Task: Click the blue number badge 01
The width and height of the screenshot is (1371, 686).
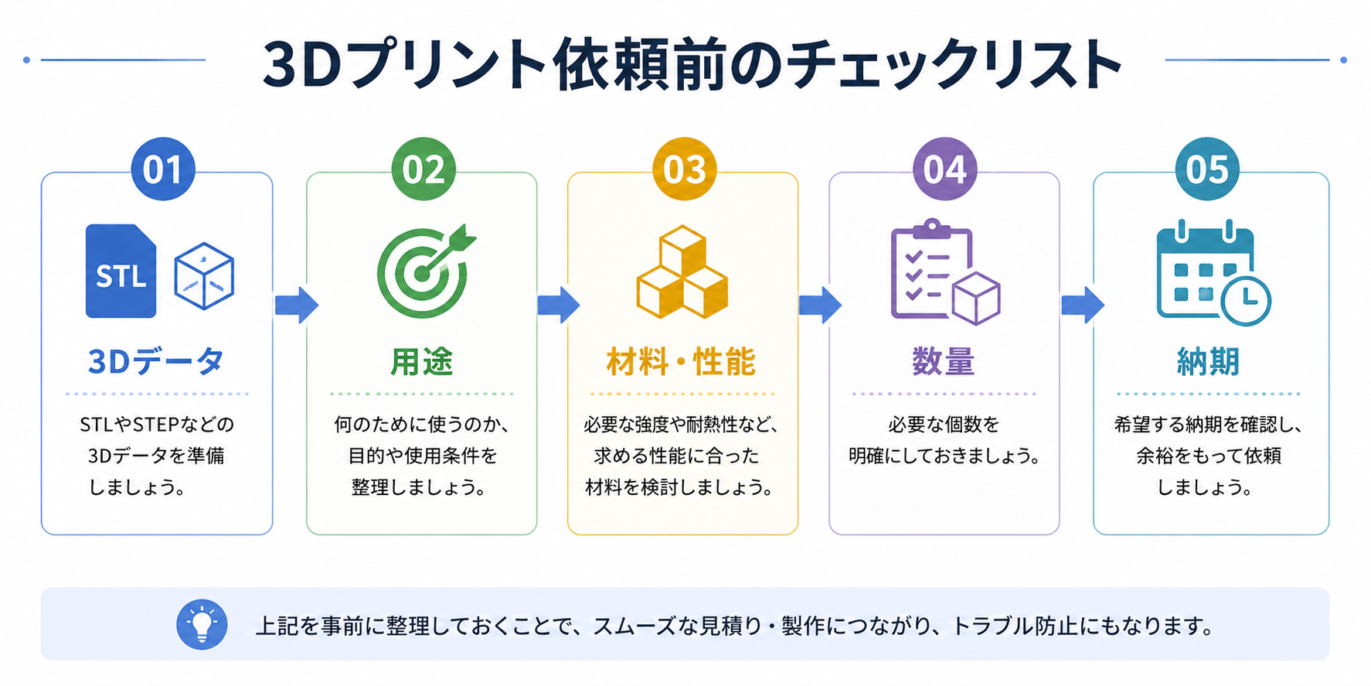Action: (163, 169)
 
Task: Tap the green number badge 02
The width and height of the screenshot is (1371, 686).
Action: (424, 169)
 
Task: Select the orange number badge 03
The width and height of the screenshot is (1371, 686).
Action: (684, 169)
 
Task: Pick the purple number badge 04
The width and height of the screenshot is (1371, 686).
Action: (944, 169)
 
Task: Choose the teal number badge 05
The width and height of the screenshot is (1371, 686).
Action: (1207, 169)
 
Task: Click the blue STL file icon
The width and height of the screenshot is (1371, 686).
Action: (121, 271)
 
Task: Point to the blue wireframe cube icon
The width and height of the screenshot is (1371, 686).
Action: (204, 276)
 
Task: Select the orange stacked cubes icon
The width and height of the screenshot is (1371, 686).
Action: (682, 271)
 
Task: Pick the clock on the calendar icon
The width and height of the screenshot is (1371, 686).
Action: (1246, 300)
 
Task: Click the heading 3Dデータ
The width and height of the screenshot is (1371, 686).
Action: (157, 361)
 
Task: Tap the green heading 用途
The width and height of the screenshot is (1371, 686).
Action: (422, 361)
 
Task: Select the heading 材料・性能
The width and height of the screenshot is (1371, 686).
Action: (682, 361)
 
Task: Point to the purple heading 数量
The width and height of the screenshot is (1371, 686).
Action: (944, 361)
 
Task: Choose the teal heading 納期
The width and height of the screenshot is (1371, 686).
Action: (1208, 361)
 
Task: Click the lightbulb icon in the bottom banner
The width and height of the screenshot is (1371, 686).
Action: (202, 624)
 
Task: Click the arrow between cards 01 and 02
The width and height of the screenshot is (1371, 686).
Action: (297, 305)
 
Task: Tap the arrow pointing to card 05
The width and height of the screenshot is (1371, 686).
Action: (1083, 305)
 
